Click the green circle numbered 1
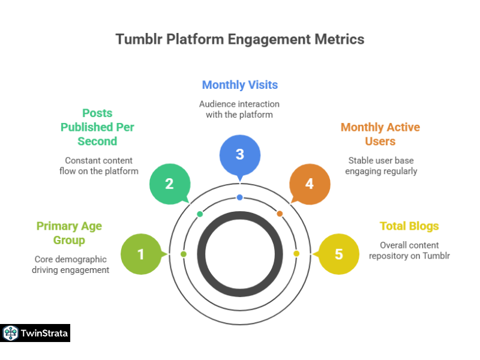pyautogui.click(x=141, y=254)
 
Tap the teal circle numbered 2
pyautogui.click(x=169, y=184)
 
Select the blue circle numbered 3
pyautogui.click(x=240, y=154)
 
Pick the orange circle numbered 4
pyautogui.click(x=310, y=184)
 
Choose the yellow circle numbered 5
pyautogui.click(x=338, y=254)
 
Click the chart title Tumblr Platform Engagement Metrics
pyautogui.click(x=240, y=39)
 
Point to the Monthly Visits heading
pyautogui.click(x=240, y=85)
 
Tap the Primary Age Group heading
pyautogui.click(x=69, y=233)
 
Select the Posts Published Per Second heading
pyautogui.click(x=97, y=127)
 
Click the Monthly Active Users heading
pyautogui.click(x=380, y=134)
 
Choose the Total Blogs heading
pyautogui.click(x=409, y=226)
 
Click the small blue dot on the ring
pyautogui.click(x=240, y=197)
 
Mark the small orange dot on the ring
pyautogui.click(x=280, y=214)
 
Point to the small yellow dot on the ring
pyautogui.click(x=296, y=254)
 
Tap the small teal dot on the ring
pyautogui.click(x=200, y=214)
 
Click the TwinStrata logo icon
pyautogui.click(x=10, y=333)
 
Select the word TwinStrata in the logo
pyautogui.click(x=44, y=333)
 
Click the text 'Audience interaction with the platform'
pyautogui.click(x=239, y=109)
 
